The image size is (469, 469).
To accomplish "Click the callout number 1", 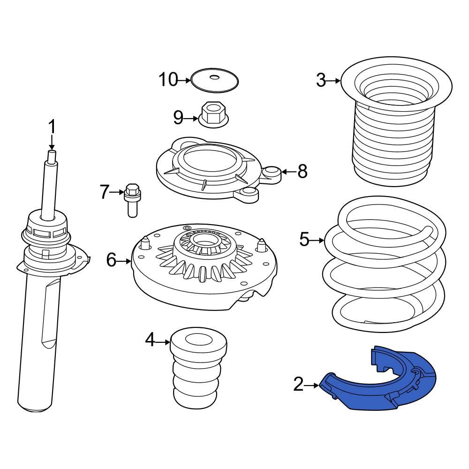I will (52, 127).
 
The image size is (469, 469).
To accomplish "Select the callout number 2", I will (298, 385).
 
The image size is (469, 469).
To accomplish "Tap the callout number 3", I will (321, 81).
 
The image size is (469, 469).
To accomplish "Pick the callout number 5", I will (304, 240).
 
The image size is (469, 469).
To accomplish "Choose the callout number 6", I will (111, 259).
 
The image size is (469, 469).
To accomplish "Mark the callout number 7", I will (104, 191).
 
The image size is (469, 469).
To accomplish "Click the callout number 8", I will (302, 172).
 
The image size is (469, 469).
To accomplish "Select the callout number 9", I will (178, 118).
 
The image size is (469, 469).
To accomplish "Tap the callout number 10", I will (168, 80).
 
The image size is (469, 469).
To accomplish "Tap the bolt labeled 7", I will (132, 200).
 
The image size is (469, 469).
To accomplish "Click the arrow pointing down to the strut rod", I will (52, 142).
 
